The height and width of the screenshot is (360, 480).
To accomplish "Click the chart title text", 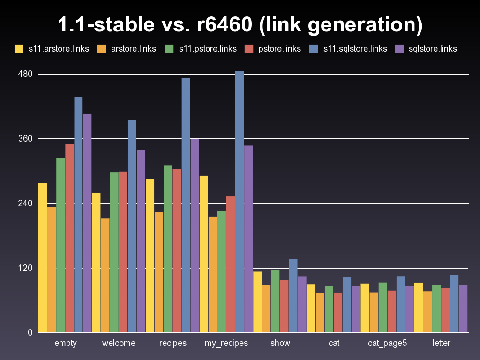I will click(x=240, y=25).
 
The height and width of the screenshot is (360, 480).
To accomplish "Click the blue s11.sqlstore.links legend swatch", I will click(x=314, y=48).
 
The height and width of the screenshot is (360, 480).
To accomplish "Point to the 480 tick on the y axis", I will click(x=25, y=74).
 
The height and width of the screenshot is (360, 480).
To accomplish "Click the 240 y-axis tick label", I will click(x=25, y=203).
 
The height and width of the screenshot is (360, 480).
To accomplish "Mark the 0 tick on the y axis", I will click(x=29, y=333).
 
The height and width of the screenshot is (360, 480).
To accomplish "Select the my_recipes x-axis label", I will click(x=226, y=343).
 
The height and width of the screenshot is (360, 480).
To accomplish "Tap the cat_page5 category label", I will click(x=387, y=343).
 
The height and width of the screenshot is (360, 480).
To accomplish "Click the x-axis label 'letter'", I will click(x=442, y=343).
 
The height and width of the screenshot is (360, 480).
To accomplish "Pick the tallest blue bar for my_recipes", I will click(x=240, y=202).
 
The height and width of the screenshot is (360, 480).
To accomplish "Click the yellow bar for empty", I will click(x=43, y=258).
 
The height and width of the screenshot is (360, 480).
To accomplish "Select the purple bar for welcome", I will click(x=141, y=241).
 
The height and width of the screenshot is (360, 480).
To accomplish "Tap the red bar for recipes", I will click(x=177, y=251).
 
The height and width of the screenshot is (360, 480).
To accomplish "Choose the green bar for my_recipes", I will click(x=222, y=272).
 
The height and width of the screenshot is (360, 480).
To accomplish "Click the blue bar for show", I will click(x=293, y=296).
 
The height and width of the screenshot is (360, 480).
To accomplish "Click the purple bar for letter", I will click(x=463, y=309).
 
